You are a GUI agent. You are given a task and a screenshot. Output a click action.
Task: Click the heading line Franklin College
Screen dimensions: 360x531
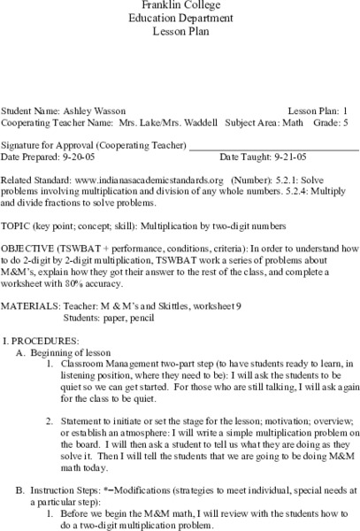click(x=180, y=5)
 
